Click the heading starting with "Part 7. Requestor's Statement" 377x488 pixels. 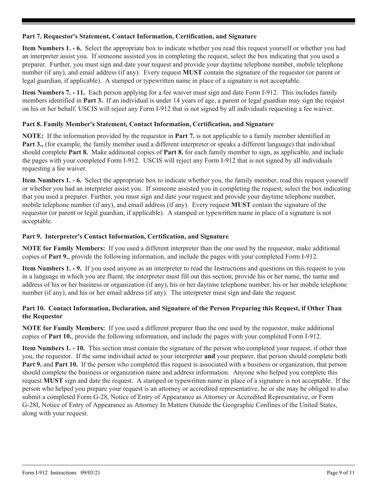139,37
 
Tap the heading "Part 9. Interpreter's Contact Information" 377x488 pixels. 125,236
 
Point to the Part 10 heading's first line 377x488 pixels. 182,308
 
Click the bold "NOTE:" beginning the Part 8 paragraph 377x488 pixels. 31,136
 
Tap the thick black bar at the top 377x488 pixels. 188,21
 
